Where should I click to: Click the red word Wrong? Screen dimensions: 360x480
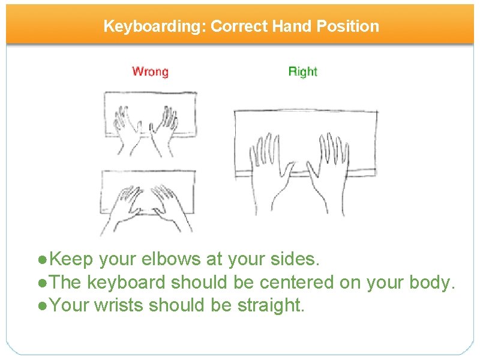150,72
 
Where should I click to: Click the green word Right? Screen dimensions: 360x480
302,72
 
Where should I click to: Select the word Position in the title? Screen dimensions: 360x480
352,26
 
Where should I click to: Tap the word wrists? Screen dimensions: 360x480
117,305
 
